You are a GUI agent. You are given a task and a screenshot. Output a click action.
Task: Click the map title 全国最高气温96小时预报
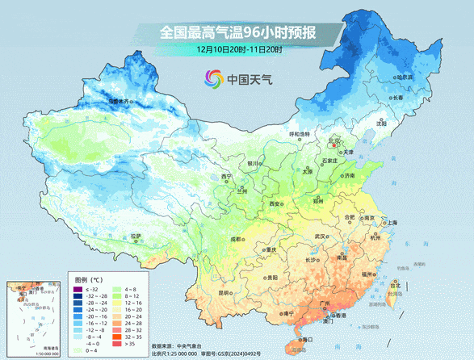click(x=237, y=33)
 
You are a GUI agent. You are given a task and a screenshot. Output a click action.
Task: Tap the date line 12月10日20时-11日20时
click(x=238, y=50)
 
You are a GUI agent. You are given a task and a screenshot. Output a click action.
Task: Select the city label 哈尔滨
click(x=404, y=77)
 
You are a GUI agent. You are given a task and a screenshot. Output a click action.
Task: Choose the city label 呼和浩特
click(x=300, y=134)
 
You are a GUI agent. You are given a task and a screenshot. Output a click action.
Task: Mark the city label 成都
click(x=234, y=239)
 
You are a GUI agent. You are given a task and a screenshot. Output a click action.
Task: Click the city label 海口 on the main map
click(x=306, y=340)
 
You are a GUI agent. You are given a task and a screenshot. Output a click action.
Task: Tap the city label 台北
click(x=394, y=285)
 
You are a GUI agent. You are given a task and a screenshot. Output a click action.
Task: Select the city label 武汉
click(x=321, y=236)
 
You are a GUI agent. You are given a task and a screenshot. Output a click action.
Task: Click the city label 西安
click(x=276, y=203)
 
